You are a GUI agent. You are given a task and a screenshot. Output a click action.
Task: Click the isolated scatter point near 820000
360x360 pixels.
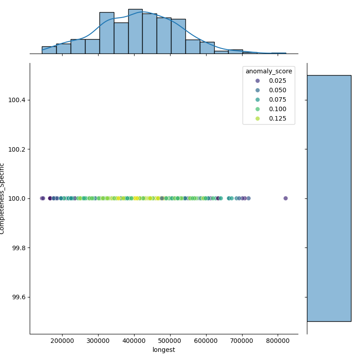pos(285,198)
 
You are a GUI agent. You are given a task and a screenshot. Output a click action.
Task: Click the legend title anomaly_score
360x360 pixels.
pos(269,71)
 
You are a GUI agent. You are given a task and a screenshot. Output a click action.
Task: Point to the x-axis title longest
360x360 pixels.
pos(164,350)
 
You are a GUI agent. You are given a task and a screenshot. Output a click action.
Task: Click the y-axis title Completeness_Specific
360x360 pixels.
pos(3,198)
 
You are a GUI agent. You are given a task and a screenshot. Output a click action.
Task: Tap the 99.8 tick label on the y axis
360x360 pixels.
pos(18,248)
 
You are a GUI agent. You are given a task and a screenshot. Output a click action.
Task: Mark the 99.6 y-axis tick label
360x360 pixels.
pos(18,297)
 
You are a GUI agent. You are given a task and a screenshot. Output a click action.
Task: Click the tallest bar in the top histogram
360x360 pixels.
pos(135,31)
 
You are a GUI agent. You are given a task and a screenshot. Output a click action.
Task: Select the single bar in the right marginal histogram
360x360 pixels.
pos(328,198)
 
